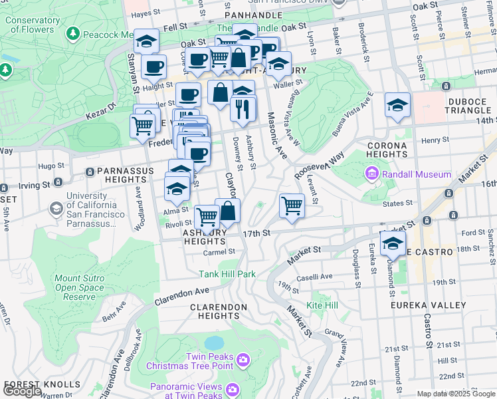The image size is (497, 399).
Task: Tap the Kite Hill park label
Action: pos(322,305)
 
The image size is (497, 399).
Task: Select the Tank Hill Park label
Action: pos(227,274)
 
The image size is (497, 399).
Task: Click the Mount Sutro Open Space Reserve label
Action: pos(79,288)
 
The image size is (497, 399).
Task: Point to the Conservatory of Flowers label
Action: pos(30,25)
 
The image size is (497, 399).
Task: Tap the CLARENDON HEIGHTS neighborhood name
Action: pos(219,311)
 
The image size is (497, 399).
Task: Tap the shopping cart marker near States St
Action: pos(292,205)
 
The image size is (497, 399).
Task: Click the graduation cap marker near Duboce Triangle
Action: pos(397,105)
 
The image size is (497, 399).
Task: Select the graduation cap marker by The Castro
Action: pos(393,244)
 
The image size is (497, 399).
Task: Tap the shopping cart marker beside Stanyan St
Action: pos(142,124)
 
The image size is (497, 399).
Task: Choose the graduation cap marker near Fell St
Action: pos(146,41)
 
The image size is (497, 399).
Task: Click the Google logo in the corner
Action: pos(22,392)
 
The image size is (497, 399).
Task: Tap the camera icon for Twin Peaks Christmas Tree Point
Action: pos(243,360)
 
